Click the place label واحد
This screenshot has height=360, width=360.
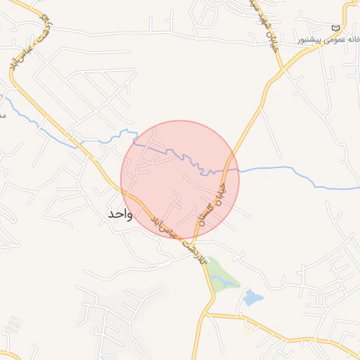tap(119, 213)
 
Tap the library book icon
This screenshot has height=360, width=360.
tap(335, 27)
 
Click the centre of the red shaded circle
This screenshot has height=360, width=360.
tap(180, 179)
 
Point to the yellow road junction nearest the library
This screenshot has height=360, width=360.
tap(283, 69)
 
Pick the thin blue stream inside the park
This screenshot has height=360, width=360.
tap(224, 281)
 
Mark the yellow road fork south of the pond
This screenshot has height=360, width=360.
tap(210, 315)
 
